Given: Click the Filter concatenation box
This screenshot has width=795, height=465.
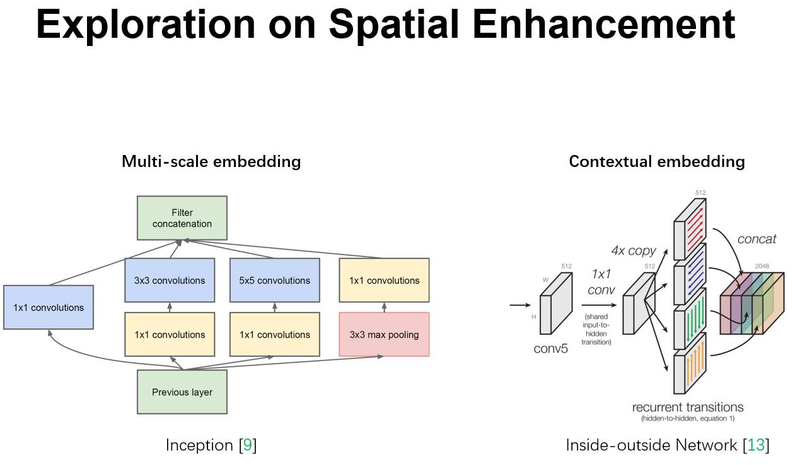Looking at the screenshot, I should tap(182, 218).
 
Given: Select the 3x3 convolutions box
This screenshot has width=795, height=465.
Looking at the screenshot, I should tap(169, 280).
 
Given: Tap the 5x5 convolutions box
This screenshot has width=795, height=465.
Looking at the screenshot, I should tap(274, 280).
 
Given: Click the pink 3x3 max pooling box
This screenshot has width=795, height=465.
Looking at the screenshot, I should tap(384, 334).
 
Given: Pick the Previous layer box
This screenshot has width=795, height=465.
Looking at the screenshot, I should tap(182, 392).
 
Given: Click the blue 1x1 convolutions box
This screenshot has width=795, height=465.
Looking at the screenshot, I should tap(49, 307).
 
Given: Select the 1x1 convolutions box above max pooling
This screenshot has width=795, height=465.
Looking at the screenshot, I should tap(384, 280).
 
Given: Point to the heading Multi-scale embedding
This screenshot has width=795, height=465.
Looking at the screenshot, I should tap(211, 161).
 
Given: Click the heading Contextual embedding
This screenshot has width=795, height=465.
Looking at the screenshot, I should tap(656, 161).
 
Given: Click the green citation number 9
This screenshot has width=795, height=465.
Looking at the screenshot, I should tap(247, 445).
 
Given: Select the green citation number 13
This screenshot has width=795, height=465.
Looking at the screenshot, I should tap(756, 445).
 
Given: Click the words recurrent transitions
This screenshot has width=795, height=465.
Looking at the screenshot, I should tap(688, 406).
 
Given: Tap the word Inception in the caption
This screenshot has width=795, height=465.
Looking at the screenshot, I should tap(199, 445).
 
